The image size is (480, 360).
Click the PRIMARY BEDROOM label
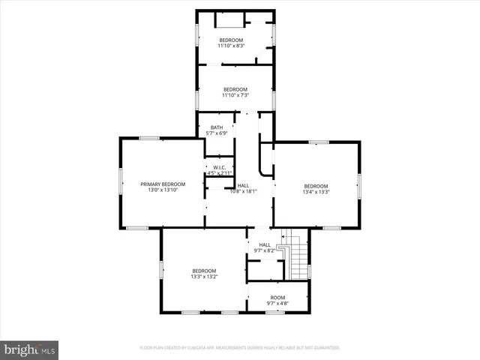coord(163,184)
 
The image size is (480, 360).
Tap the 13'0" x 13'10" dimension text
coord(163,190)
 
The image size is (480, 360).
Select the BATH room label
coord(217,127)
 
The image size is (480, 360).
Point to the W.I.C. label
coord(220,167)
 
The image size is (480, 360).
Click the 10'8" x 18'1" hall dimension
coord(244,191)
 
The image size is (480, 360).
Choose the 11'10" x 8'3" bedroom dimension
coord(231,46)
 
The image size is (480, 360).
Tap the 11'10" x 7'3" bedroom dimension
coord(235,95)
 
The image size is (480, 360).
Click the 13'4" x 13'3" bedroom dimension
coord(316,192)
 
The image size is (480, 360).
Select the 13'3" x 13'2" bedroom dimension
coord(203,277)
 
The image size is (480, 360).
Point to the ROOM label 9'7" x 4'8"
coord(277,298)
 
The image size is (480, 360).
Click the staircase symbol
coord(298,259)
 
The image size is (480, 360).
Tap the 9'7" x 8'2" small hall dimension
coord(265,251)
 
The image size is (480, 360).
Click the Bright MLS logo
coord(30,349)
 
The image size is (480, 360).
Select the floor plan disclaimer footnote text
coord(240,348)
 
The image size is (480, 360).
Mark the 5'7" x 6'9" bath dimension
coord(217,133)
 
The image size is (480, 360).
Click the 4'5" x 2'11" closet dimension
coord(220,173)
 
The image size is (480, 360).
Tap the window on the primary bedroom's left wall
coord(121,184)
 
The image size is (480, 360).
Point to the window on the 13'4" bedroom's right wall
coord(359,185)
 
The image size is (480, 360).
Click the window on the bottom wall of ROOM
coord(275,312)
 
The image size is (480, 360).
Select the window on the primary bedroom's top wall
coord(149,138)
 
